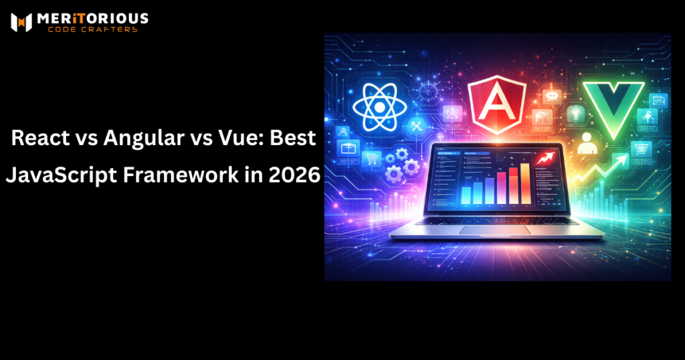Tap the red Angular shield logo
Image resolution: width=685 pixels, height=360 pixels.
coord(497,106)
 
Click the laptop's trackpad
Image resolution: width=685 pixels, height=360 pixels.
coord(496,230)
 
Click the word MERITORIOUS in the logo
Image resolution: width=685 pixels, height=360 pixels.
coord(94,19)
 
